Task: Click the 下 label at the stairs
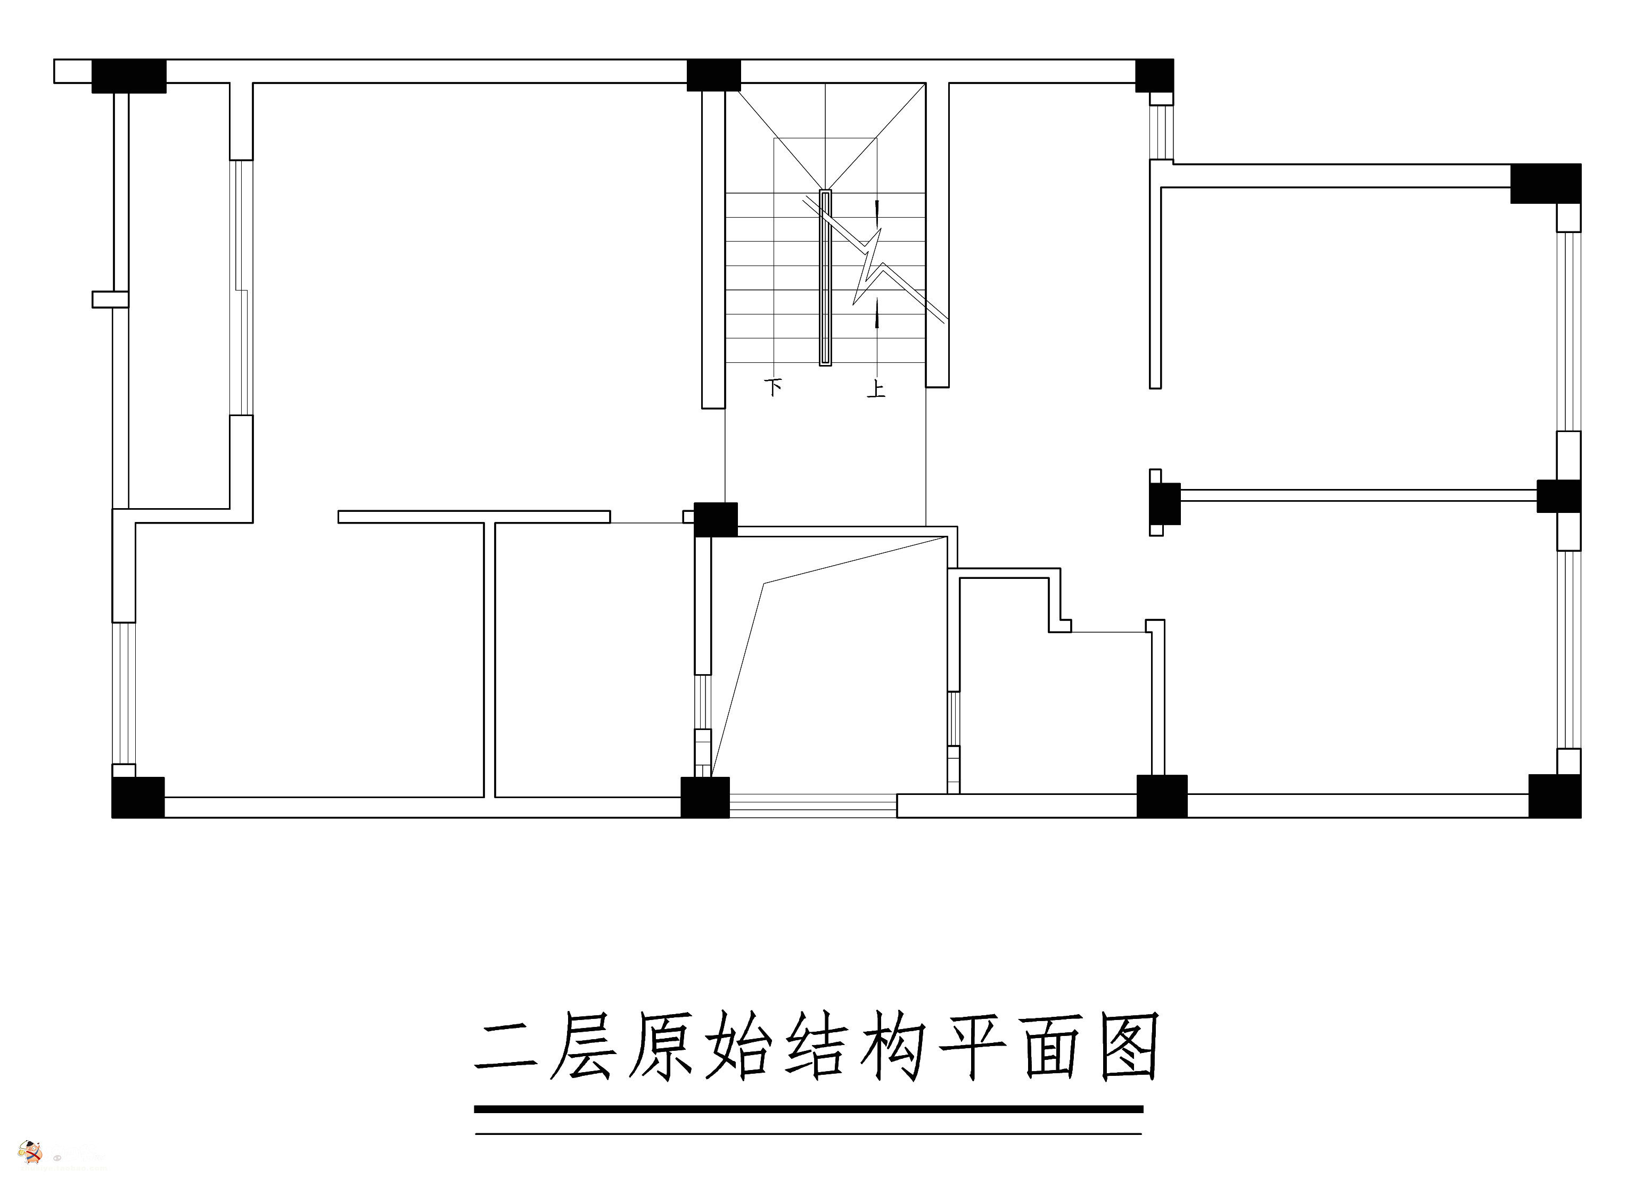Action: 773,387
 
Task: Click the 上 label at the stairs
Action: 876,389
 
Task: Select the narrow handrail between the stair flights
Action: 825,278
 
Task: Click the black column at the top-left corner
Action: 129,76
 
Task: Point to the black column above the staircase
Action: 713,75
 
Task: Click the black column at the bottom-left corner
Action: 137,797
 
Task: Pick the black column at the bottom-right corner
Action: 1554,796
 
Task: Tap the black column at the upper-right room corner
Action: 1546,184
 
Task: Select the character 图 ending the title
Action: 1129,1047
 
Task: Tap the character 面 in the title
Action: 1051,1048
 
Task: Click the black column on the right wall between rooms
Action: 1558,496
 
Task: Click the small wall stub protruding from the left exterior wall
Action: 110,299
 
